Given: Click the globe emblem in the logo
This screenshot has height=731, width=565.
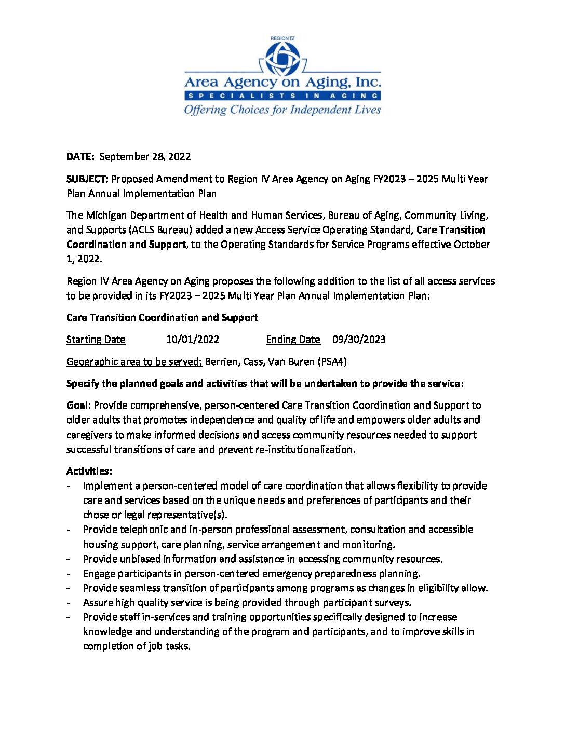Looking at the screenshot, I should pos(282,58).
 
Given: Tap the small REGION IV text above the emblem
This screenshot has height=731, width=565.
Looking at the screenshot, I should pos(282,38).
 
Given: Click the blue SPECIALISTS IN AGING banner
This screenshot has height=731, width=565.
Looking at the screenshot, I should pos(282,96).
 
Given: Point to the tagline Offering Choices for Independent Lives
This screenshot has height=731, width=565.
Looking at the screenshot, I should pos(282,110).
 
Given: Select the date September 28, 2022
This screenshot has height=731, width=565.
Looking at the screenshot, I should pos(145,156).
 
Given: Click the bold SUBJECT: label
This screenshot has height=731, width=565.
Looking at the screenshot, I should pos(87,179).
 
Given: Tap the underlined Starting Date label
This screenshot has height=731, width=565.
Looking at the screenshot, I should pos(96,339).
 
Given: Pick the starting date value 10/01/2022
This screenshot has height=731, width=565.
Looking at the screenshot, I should pos(193,339).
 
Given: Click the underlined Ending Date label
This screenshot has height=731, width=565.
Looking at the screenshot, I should pos(293,339).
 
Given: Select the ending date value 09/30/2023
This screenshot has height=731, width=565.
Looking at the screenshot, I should pos(359,339).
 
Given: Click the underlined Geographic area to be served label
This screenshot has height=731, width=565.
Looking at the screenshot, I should pos(134,361).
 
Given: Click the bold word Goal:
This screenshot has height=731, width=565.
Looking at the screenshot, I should pos(79,405).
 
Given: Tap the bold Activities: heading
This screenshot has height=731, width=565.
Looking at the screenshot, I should pos(89,471).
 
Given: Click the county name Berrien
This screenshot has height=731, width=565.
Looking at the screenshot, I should pos(222,361).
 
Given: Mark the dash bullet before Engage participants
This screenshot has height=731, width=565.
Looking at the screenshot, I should pos(69,574).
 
